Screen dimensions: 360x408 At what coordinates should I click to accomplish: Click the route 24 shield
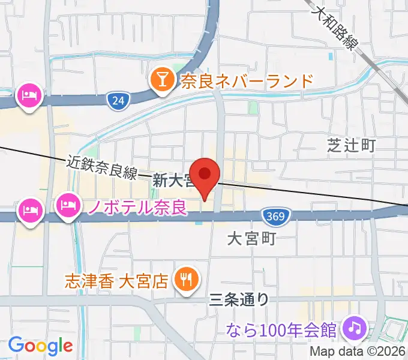118,101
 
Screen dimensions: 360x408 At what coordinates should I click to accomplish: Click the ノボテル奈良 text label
137,208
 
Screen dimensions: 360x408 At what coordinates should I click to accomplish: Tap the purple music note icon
355,328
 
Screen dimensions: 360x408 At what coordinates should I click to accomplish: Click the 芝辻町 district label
351,145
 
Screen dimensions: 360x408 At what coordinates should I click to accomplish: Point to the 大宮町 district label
251,239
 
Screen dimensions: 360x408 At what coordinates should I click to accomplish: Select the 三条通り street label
239,298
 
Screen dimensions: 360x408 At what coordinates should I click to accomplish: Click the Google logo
40,346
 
